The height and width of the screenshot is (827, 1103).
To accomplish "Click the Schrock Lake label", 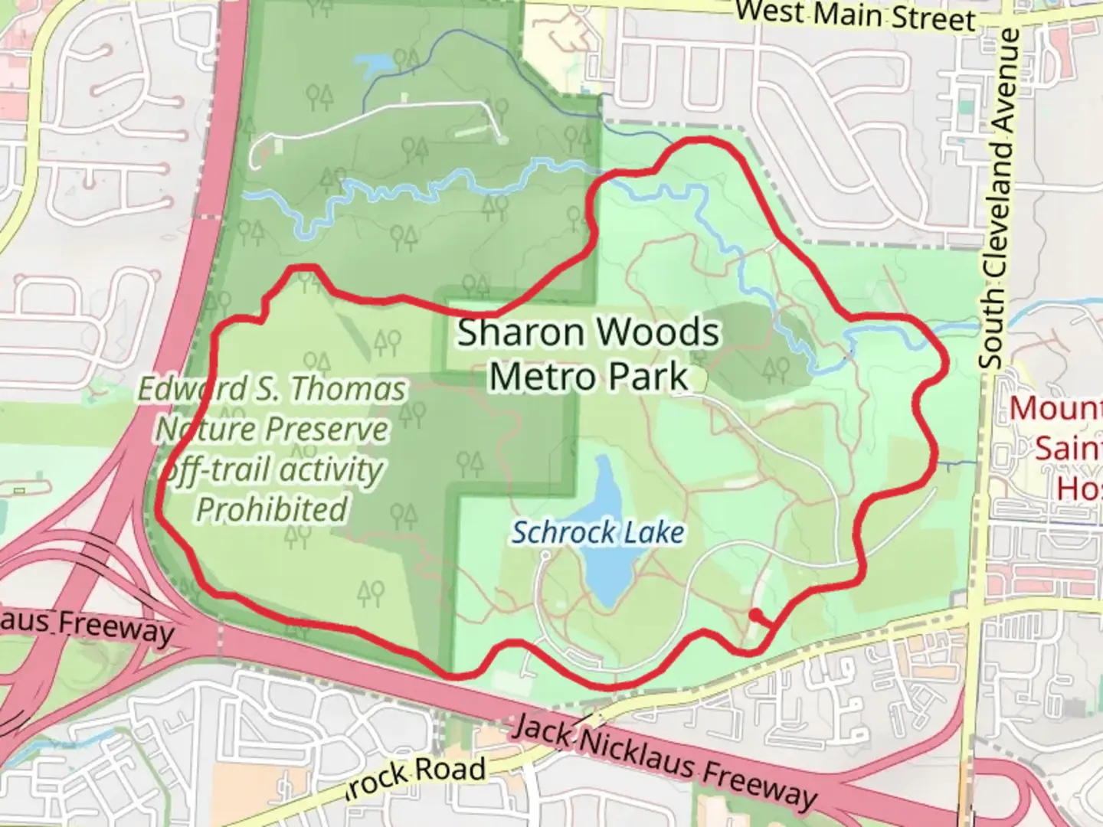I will tap(597, 532).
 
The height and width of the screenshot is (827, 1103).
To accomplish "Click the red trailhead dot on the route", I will tap(755, 615).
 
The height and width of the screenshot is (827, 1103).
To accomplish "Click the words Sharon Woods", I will tap(588, 333).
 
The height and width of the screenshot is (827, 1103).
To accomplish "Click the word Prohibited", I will tap(272, 509).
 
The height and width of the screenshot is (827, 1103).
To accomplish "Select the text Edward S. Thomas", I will tap(272, 389).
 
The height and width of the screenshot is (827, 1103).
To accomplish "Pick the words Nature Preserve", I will tap(272, 429).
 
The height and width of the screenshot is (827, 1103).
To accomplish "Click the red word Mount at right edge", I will tap(1057, 408).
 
